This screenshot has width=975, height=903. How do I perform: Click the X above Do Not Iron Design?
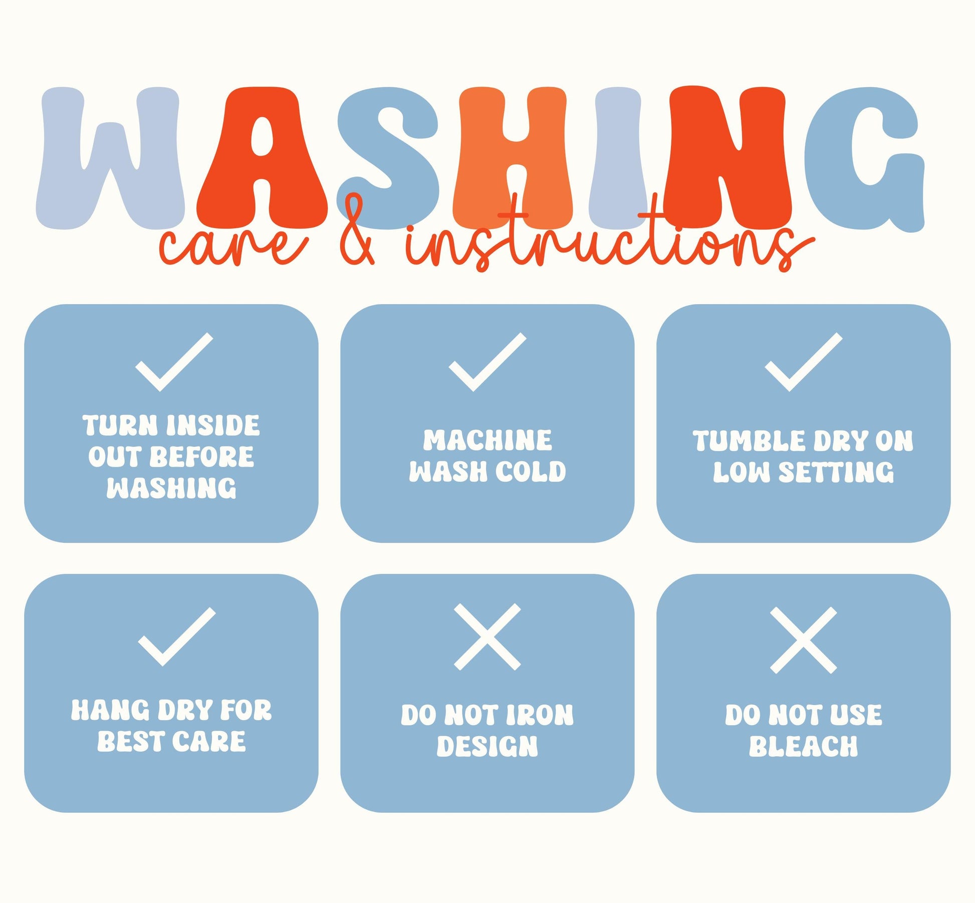[487, 636]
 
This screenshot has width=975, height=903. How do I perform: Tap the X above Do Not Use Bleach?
[804, 640]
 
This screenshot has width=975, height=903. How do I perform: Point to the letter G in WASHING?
[864, 159]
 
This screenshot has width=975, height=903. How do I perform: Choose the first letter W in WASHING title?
[110, 158]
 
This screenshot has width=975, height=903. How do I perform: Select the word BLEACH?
[804, 746]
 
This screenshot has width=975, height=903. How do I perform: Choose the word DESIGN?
[487, 746]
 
